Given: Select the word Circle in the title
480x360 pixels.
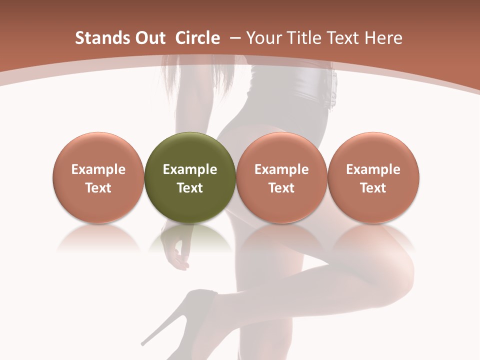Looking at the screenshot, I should click(x=197, y=38).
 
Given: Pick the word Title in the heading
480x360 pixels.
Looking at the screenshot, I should click(x=301, y=38).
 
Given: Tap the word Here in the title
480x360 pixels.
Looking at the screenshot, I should click(x=384, y=38).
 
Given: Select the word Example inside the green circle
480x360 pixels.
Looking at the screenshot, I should click(x=190, y=169).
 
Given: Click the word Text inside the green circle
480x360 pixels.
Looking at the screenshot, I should click(x=190, y=188).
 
